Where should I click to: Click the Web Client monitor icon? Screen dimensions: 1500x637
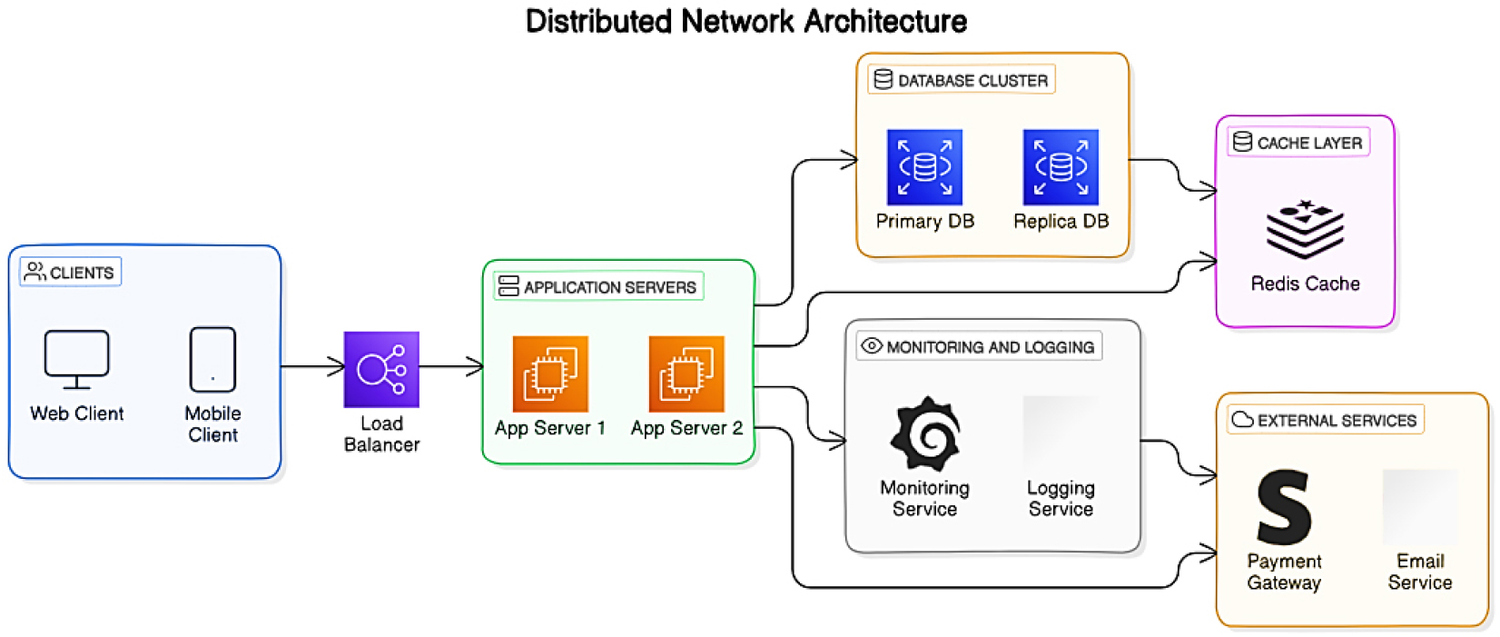pos(76,359)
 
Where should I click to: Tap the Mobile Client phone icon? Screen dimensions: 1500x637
pos(212,359)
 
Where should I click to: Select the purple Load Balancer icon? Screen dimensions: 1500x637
pos(381,369)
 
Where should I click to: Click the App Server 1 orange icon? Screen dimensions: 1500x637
pos(550,373)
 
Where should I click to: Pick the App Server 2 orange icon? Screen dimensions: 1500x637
pos(686,373)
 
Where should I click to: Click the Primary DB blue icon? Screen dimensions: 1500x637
pos(924,167)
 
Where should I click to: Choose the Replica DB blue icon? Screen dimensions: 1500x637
pos(1061,167)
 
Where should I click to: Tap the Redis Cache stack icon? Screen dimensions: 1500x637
pos(1305,230)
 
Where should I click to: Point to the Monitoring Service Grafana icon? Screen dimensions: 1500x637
pos(924,434)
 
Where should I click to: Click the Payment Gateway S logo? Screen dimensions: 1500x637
pos(1283,507)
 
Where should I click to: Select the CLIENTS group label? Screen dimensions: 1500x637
pos(71,273)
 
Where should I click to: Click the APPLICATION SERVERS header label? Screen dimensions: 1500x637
pos(599,287)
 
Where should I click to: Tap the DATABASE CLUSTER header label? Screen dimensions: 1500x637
pos(962,81)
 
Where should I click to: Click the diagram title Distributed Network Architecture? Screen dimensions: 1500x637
pos(746,21)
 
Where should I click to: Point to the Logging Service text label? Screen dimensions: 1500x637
pos(1061,499)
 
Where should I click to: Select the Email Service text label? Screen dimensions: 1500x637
pos(1419,572)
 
